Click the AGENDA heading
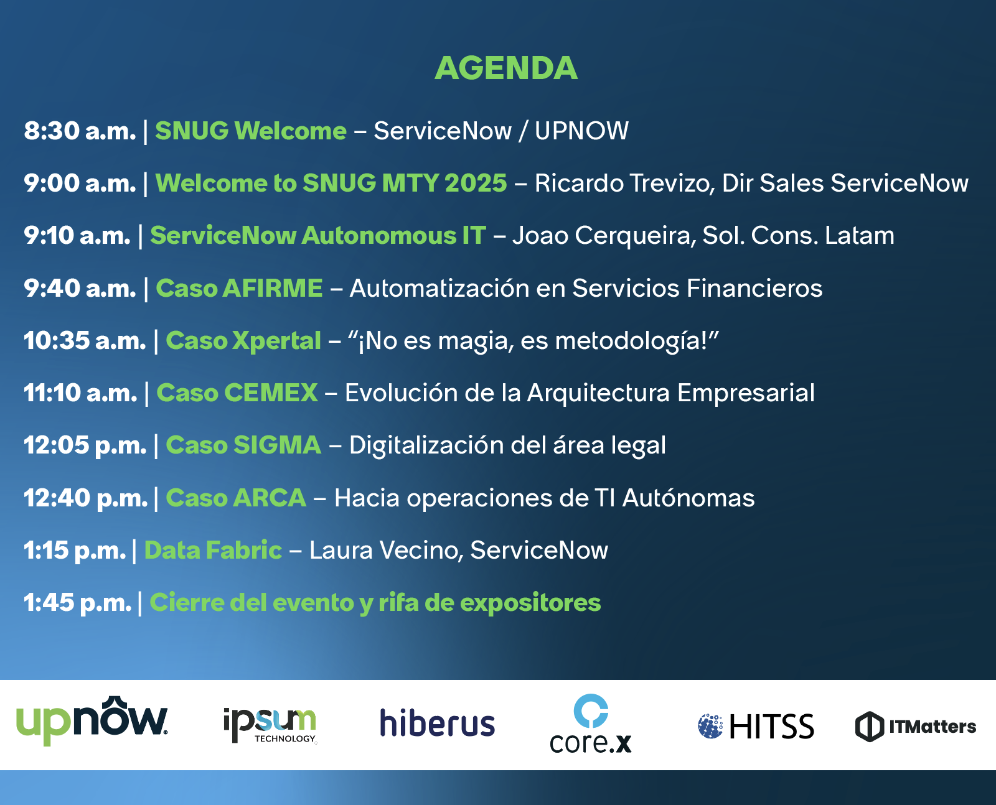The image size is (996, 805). tap(506, 68)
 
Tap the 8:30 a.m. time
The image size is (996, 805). tap(80, 131)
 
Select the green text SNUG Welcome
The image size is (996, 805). tap(251, 131)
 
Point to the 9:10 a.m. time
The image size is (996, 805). tap(77, 236)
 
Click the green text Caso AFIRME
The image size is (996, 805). tap(239, 288)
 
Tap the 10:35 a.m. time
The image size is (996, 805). tap(85, 340)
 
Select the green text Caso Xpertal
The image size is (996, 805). tap(243, 341)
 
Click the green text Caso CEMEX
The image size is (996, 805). tap(237, 393)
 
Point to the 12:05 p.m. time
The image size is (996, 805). tap(85, 445)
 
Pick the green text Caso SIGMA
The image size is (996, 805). tap(243, 445)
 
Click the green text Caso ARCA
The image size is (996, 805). tap(236, 498)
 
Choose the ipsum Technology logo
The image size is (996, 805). tap(270, 725)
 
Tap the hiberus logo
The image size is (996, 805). tap(438, 723)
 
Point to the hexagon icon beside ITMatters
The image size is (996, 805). tap(869, 727)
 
